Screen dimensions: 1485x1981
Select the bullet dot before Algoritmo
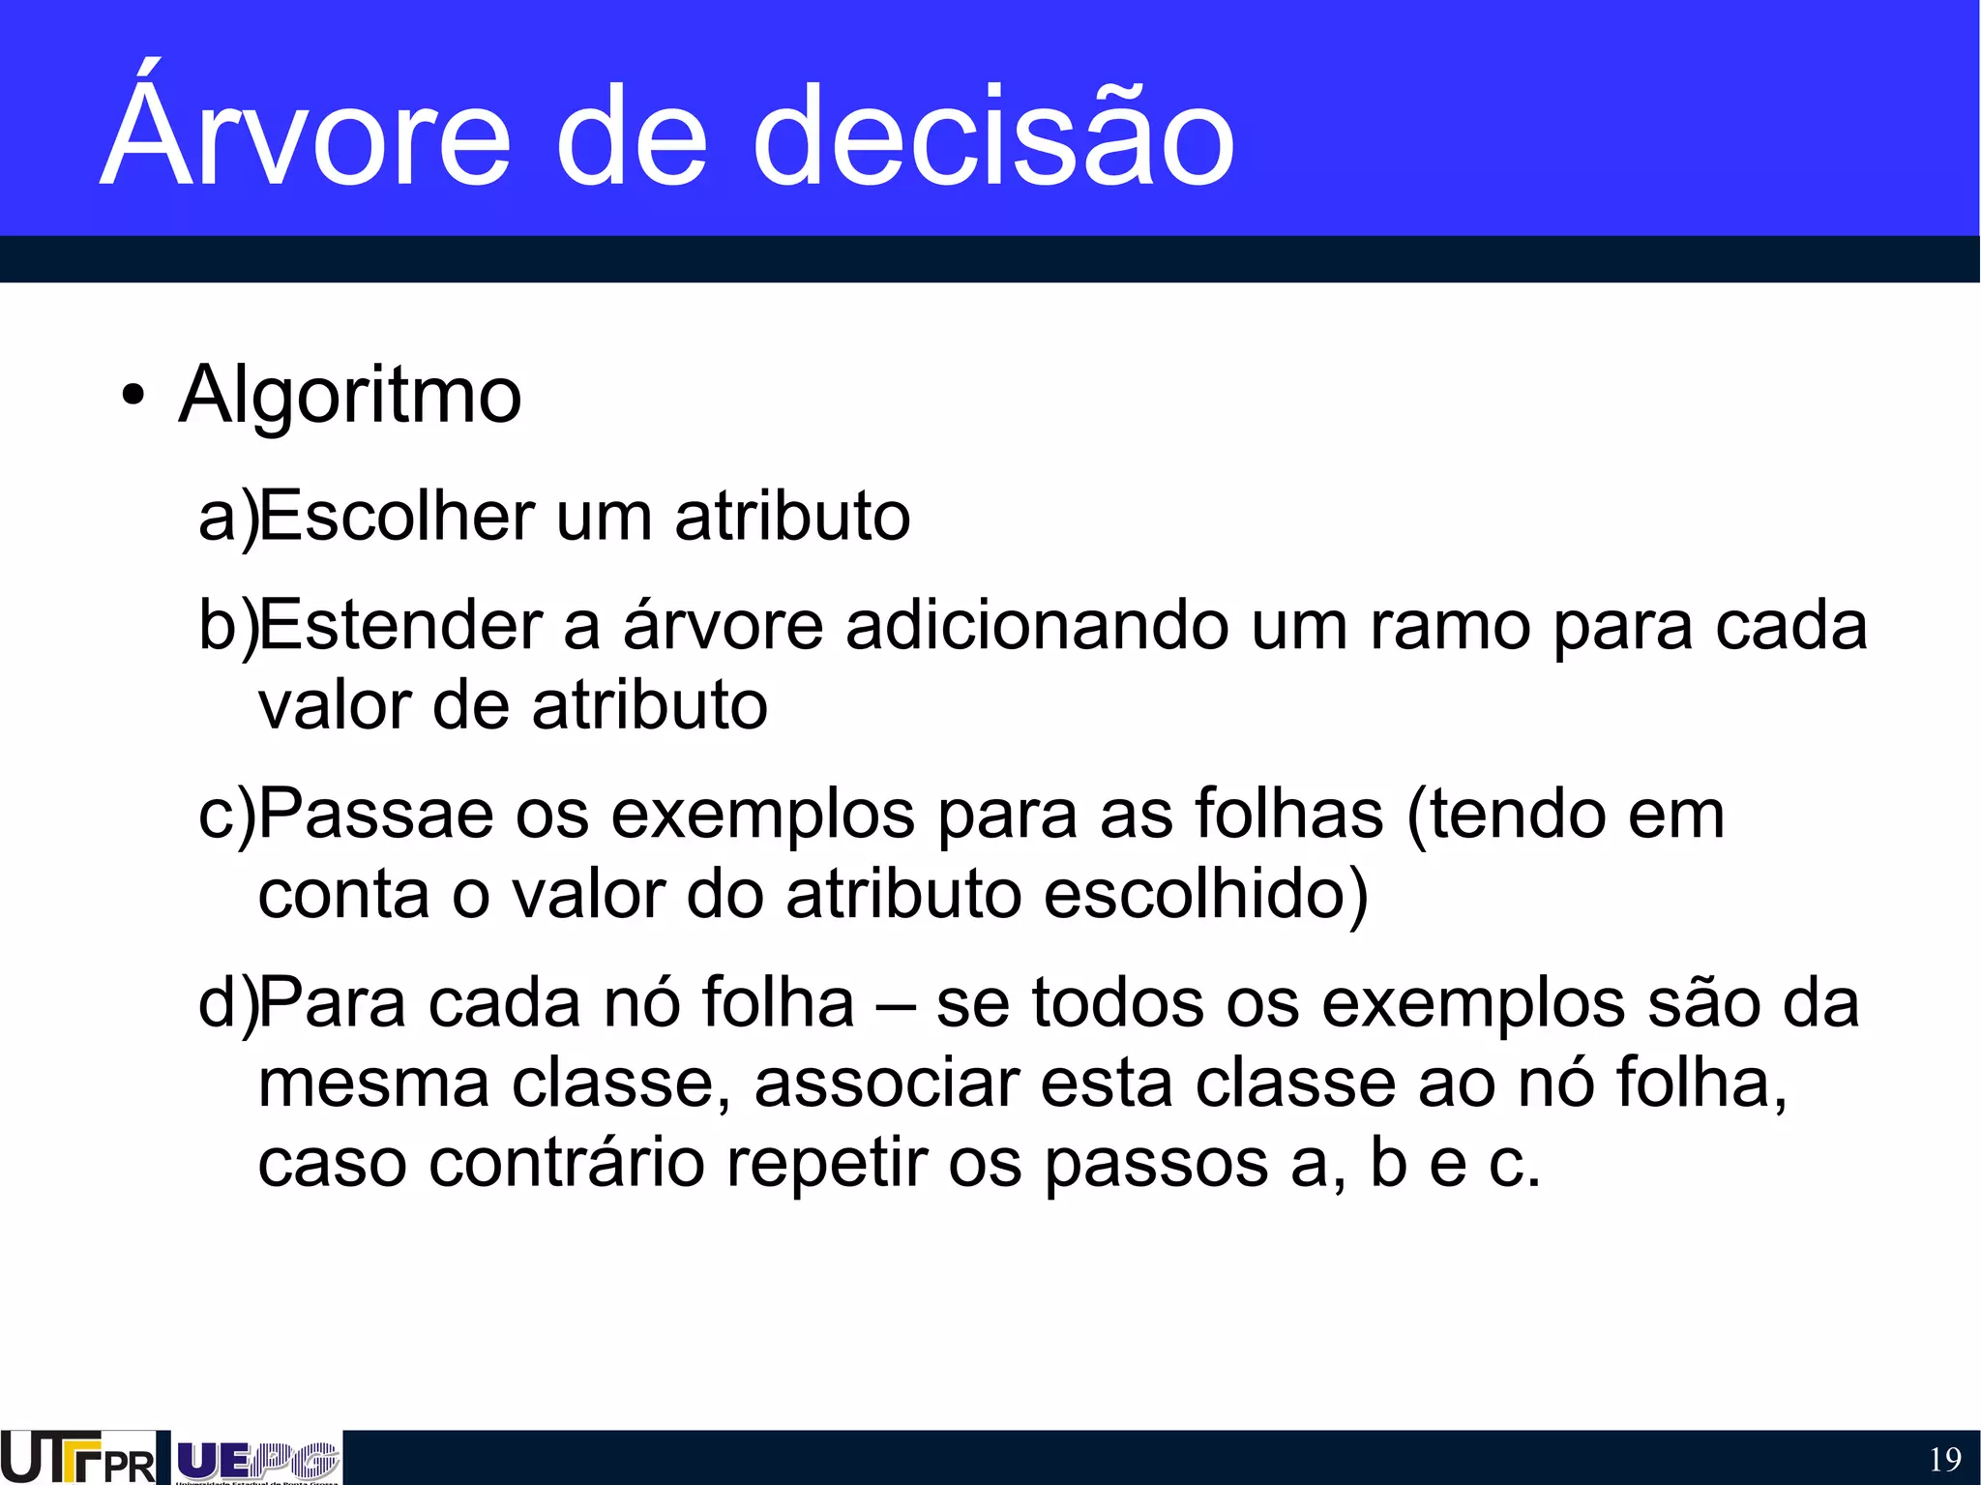point(133,397)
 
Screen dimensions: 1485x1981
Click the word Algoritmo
point(350,395)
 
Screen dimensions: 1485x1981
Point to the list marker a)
point(228,517)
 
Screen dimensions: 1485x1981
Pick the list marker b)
point(228,626)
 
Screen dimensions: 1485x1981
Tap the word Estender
point(400,625)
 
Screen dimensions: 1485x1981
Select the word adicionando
point(1037,625)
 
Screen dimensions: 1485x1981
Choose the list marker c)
point(226,815)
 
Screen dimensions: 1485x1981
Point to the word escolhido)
point(1205,894)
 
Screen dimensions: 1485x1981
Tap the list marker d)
point(228,1003)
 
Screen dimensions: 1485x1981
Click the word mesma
point(373,1084)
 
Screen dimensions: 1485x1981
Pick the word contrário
point(567,1163)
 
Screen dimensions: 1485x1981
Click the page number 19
point(1944,1459)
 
